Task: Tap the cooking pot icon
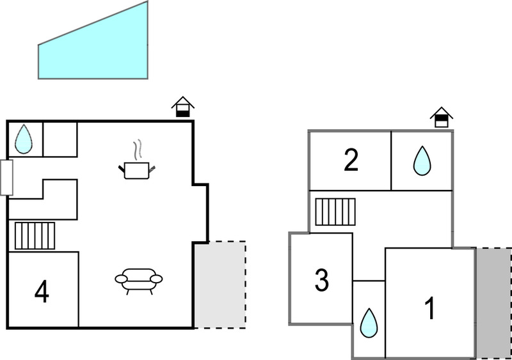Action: click(137, 170)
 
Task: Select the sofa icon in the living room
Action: click(139, 281)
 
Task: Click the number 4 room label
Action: click(42, 292)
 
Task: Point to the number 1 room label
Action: click(430, 308)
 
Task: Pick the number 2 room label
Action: click(351, 160)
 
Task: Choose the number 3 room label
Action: click(322, 279)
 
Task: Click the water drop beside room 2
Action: click(422, 160)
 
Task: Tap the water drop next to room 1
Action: click(369, 323)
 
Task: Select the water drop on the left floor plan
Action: click(24, 139)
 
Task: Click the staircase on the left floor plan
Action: click(35, 236)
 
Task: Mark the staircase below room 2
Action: click(335, 212)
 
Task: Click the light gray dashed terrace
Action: click(220, 285)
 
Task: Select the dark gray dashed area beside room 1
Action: click(493, 303)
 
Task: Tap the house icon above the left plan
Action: click(183, 107)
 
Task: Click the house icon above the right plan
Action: click(442, 117)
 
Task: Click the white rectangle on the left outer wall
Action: click(6, 178)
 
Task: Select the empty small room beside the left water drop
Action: click(60, 139)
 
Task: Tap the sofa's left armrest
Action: click(121, 279)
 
